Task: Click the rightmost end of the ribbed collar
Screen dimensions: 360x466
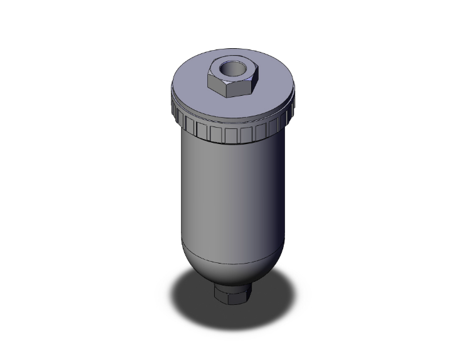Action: (x=294, y=106)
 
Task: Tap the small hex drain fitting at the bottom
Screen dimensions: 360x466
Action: (x=232, y=293)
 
